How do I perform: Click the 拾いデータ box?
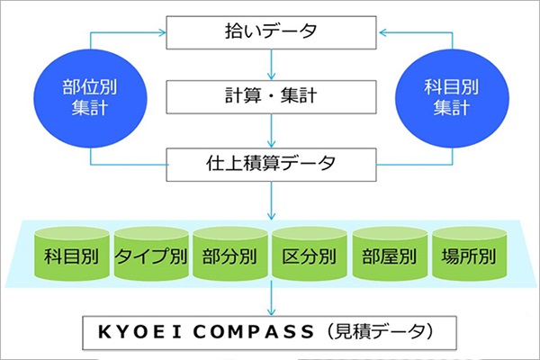pyautogui.click(x=272, y=32)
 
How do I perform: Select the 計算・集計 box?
pyautogui.click(x=272, y=97)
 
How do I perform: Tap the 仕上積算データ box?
pyautogui.click(x=272, y=165)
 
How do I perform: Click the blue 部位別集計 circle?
pyautogui.click(x=91, y=98)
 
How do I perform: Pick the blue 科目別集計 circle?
pyautogui.click(x=452, y=98)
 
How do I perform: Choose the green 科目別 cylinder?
pyautogui.click(x=72, y=254)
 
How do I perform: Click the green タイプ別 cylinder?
pyautogui.click(x=151, y=254)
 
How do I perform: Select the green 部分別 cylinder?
pyautogui.click(x=230, y=254)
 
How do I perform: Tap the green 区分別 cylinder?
pyautogui.click(x=310, y=254)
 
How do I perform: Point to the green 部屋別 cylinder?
pyautogui.click(x=390, y=254)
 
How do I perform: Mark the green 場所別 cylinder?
pyautogui.click(x=470, y=254)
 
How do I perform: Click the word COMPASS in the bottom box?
pyautogui.click(x=254, y=332)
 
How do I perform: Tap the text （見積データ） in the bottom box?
pyautogui.click(x=379, y=332)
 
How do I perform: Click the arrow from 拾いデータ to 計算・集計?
pyautogui.click(x=272, y=65)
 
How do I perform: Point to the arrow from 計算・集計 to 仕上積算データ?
pyautogui.click(x=272, y=130)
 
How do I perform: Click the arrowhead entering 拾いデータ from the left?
pyautogui.click(x=162, y=32)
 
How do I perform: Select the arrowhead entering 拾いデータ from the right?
pyautogui.click(x=383, y=32)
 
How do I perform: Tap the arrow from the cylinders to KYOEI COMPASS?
pyautogui.click(x=272, y=298)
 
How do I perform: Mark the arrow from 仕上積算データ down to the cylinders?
pyautogui.click(x=272, y=201)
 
